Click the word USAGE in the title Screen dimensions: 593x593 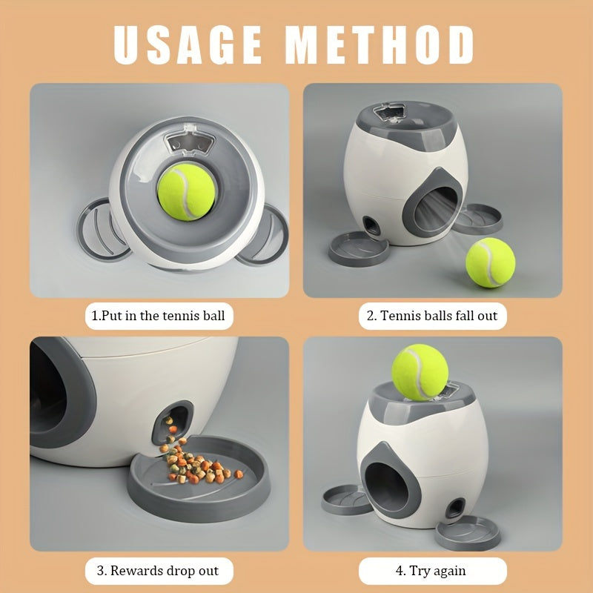pyautogui.click(x=188, y=44)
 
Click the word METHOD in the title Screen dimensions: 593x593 pyautogui.click(x=380, y=44)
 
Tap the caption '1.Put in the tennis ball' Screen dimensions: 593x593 pyautogui.click(x=159, y=316)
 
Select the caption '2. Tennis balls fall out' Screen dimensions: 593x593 pyautogui.click(x=432, y=316)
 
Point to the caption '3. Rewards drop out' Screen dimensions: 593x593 pyautogui.click(x=158, y=570)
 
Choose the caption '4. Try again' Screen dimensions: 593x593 pyautogui.click(x=431, y=570)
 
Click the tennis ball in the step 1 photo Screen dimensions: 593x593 pyautogui.click(x=186, y=192)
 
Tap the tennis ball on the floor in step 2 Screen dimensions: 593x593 pyautogui.click(x=490, y=262)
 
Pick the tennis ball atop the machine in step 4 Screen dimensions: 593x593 pyautogui.click(x=420, y=372)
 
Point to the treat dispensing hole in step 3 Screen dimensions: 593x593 pyautogui.click(x=173, y=422)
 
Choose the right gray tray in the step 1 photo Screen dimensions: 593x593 pyautogui.click(x=265, y=235)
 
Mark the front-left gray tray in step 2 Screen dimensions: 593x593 pyautogui.click(x=358, y=248)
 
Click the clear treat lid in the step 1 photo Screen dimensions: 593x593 pyautogui.click(x=191, y=141)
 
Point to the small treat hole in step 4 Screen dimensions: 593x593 pyautogui.click(x=455, y=508)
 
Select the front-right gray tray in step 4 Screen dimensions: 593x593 pyautogui.click(x=468, y=533)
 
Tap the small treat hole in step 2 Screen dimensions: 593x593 pyautogui.click(x=372, y=226)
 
